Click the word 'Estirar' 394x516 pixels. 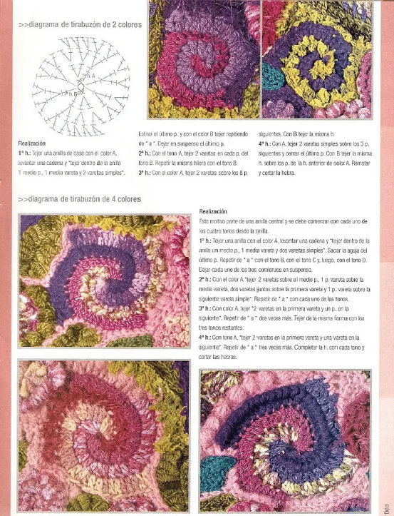click(147, 134)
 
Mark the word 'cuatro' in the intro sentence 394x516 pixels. click(214, 231)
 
